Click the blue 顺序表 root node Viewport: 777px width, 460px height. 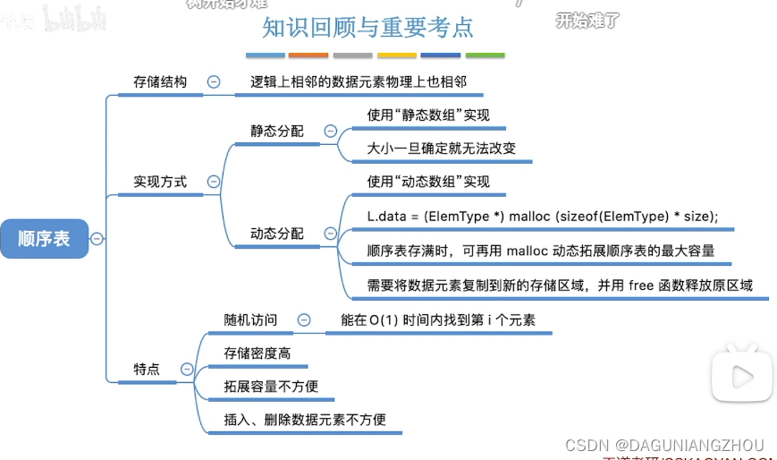[44, 239]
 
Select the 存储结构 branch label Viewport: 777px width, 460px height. [160, 81]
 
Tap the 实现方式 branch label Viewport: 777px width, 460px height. [160, 182]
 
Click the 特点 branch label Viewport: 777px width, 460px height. [147, 369]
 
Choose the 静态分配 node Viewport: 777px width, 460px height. [276, 131]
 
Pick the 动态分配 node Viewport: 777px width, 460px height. [276, 234]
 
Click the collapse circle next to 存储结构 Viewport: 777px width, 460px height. [214, 81]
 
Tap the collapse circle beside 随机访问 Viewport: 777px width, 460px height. [304, 319]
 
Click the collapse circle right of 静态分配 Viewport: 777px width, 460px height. [330, 131]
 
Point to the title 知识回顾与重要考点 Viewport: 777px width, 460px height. [367, 29]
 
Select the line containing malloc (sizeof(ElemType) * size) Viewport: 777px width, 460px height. [543, 217]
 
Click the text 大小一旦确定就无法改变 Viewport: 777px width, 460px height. [441, 149]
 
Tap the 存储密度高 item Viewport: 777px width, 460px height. [257, 354]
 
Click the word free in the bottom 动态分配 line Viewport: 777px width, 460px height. [642, 286]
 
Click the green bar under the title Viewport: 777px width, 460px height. [485, 55]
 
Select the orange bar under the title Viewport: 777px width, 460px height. [308, 55]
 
